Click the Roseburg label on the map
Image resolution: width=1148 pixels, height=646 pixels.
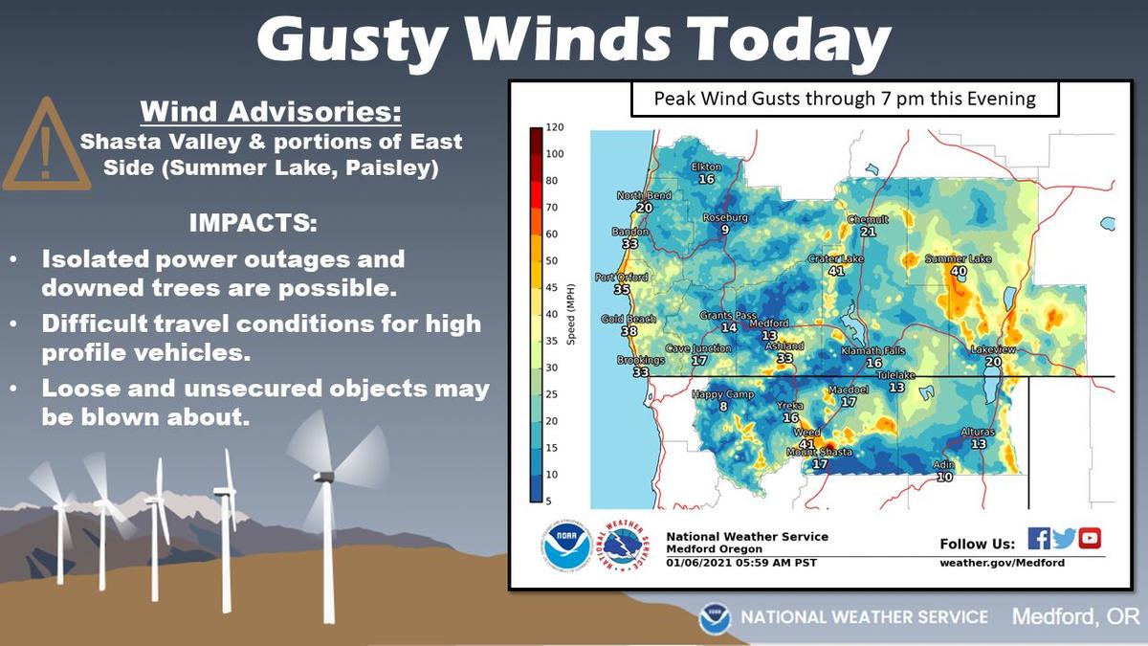[725, 218]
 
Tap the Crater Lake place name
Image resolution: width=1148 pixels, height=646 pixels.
[836, 259]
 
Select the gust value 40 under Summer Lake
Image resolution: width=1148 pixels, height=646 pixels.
[959, 271]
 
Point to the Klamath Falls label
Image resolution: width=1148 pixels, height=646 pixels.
[873, 351]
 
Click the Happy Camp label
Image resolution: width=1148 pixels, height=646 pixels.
[723, 394]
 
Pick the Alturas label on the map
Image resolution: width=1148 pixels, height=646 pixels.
[978, 433]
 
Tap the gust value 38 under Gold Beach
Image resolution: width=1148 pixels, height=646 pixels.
[629, 331]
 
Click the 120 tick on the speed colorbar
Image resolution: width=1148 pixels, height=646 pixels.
[555, 127]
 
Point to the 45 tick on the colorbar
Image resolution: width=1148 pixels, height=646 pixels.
[551, 287]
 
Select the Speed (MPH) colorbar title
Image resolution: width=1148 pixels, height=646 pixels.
[571, 314]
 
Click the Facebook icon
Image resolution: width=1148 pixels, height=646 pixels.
[1039, 539]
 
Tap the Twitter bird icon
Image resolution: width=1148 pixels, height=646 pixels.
[1064, 539]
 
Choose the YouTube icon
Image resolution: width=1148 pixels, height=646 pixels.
[1090, 539]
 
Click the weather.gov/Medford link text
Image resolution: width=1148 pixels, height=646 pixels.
[1002, 563]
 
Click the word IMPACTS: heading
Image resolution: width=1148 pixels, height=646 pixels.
[254, 222]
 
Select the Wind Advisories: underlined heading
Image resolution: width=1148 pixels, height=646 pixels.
[271, 112]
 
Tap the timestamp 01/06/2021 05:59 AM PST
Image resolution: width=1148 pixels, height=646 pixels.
[741, 563]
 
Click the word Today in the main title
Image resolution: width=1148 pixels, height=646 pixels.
[789, 39]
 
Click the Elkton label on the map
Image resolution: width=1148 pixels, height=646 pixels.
[706, 167]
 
